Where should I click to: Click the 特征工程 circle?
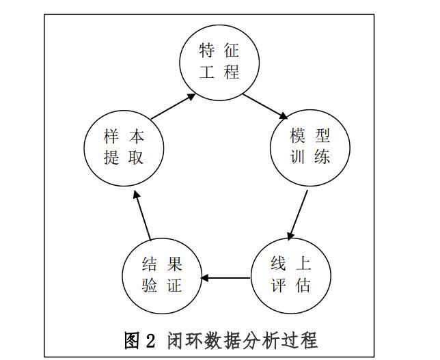point(220,61)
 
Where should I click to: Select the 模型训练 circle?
point(310,145)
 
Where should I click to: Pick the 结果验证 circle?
point(162,274)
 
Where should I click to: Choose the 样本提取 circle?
point(124,146)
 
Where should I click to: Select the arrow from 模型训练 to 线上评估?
point(298,214)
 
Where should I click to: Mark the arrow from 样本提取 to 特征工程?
point(172,107)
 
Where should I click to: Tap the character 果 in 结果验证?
point(174,264)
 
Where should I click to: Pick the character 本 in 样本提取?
point(136,136)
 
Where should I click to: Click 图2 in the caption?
point(141,340)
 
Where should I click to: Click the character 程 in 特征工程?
point(232,72)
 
